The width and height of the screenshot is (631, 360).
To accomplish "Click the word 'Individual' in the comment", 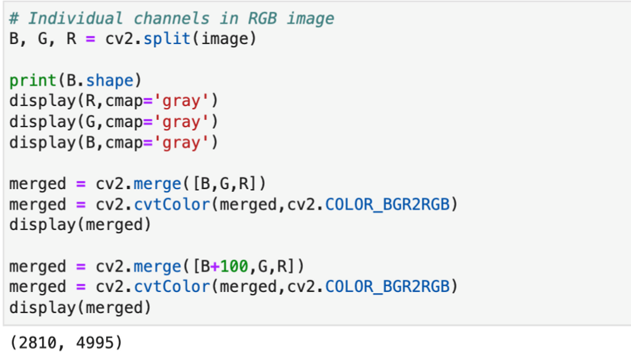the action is [x=75, y=18].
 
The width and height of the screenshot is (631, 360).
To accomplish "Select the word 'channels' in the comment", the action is [x=172, y=18].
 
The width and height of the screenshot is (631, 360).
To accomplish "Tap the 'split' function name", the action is [x=167, y=39].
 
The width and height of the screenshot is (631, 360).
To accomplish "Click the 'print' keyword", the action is [x=33, y=81].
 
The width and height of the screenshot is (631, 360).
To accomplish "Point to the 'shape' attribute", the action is [x=110, y=81].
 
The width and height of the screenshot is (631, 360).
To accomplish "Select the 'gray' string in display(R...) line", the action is [x=181, y=101].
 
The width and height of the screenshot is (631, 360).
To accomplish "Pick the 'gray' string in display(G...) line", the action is [x=181, y=122].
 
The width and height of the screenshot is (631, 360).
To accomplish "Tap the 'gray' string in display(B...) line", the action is [x=181, y=142].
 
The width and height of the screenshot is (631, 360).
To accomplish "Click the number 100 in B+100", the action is [x=234, y=266].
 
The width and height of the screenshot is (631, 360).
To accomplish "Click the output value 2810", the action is [x=38, y=342].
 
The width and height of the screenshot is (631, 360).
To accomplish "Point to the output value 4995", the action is [x=95, y=342].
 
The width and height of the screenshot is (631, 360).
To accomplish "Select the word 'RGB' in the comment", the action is [x=262, y=18].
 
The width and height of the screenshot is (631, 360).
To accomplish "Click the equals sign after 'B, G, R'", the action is [x=90, y=39].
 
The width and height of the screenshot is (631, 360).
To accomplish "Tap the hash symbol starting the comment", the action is [x=14, y=18].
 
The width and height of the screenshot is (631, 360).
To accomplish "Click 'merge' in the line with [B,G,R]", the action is [x=157, y=184].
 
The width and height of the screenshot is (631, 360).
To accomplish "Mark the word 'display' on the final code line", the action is [x=43, y=307].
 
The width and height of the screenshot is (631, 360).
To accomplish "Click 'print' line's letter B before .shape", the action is [x=71, y=81].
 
